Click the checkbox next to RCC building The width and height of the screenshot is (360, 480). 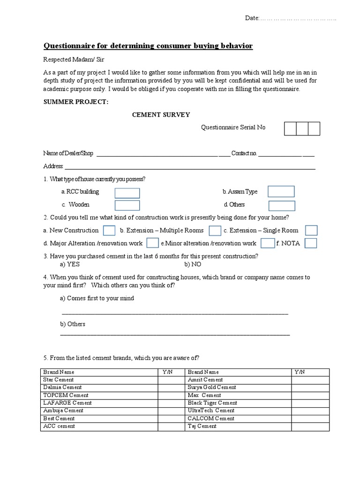(127, 193)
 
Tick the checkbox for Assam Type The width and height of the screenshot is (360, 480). (281, 191)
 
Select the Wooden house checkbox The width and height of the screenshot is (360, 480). (127, 205)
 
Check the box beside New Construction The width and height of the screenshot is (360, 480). (109, 230)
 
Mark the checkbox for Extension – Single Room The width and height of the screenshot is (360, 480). (311, 230)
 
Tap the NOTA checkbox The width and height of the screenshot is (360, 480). (311, 243)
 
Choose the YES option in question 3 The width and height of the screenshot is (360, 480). (70, 264)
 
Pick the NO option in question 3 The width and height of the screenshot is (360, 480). (192, 264)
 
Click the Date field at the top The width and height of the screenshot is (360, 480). (291, 18)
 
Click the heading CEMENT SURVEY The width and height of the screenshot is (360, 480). (161, 115)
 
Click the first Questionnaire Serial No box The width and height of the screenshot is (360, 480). (290, 128)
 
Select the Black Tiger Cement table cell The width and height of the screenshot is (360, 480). (206, 403)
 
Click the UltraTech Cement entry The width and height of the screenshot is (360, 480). (204, 411)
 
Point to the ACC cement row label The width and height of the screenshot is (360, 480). (59, 426)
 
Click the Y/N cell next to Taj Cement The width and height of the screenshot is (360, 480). (310, 426)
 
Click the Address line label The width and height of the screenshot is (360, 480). (53, 166)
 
